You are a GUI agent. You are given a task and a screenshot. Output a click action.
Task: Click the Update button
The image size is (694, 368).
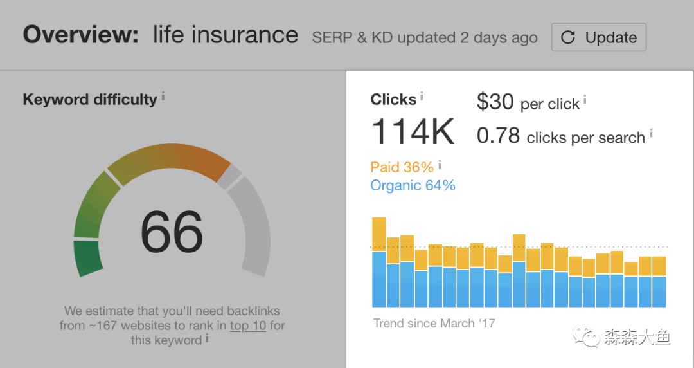(x=598, y=37)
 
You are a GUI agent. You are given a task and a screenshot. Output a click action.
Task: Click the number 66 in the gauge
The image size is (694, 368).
(x=172, y=232)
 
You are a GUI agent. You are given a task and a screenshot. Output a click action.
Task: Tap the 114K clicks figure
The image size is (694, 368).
(x=413, y=132)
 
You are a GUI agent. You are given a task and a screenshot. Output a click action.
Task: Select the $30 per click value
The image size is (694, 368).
(x=495, y=102)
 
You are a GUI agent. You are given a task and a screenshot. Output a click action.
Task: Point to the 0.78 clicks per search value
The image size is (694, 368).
(x=498, y=136)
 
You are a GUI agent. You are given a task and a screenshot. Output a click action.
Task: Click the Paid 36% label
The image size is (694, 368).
(x=402, y=167)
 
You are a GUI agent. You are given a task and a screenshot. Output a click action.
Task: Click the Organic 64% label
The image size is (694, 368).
(x=413, y=186)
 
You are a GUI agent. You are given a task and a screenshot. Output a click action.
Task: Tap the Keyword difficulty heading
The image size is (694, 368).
(x=89, y=100)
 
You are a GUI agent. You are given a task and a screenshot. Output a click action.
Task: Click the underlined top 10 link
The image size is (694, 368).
(x=247, y=326)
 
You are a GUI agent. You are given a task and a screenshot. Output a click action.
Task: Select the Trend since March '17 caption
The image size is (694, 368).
(x=434, y=323)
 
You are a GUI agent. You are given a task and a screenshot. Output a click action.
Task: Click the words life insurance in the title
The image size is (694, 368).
(x=225, y=35)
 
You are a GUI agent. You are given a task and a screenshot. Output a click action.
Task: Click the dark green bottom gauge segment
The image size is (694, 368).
(x=89, y=257)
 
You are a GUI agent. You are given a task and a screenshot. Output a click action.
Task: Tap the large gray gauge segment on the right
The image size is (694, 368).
(x=254, y=225)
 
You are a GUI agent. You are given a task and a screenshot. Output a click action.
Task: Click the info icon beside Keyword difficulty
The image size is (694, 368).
(x=163, y=97)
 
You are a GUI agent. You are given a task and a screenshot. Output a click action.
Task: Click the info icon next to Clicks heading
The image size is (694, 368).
(x=422, y=97)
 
